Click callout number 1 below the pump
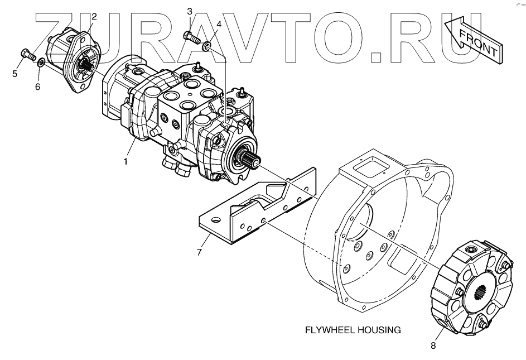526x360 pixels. (126, 162)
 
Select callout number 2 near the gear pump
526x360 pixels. (94, 16)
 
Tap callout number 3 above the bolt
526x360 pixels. (189, 11)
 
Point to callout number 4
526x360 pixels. (219, 25)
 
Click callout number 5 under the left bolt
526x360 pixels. (15, 73)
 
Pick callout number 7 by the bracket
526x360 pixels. (199, 253)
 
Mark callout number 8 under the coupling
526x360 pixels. (433, 346)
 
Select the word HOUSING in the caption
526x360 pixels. (381, 330)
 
